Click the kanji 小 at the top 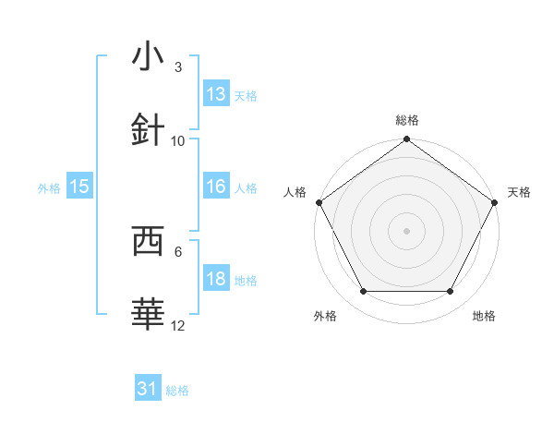coord(148,57)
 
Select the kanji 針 coord(148,130)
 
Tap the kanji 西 coord(148,241)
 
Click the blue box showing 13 coord(216,94)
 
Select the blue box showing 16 coord(216,187)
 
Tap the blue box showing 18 coord(216,280)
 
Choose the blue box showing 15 coord(79,187)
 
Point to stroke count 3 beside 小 coord(178,67)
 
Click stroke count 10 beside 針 coord(178,141)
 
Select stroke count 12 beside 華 coord(178,326)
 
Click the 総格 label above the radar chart coord(407,120)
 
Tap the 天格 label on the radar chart coord(520,192)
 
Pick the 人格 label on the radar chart coord(295,192)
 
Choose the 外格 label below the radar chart coord(325,316)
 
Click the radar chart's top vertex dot coord(407,140)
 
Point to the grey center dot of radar coord(407,230)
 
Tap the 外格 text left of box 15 coord(49,187)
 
